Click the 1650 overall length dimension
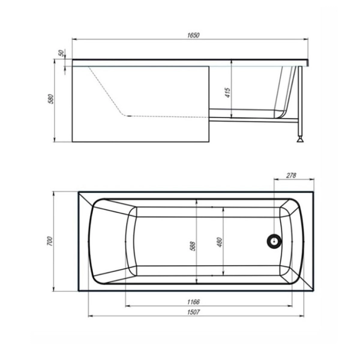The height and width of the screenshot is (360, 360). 193,35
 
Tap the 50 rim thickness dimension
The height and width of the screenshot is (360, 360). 61,53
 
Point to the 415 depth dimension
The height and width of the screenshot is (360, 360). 228,92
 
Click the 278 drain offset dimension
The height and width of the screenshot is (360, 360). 291,175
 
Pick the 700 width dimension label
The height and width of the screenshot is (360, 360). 51,241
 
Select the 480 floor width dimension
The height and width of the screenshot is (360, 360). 220,242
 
